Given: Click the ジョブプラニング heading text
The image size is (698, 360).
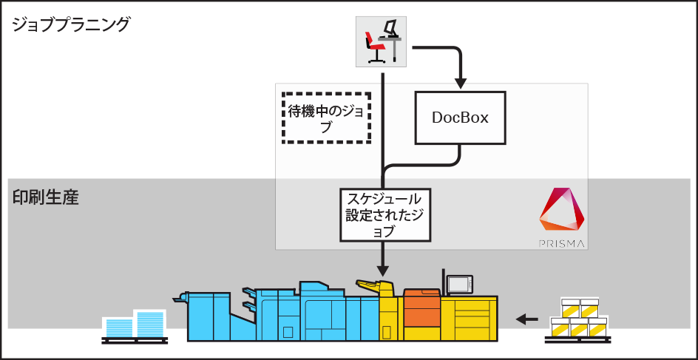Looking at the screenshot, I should tap(71, 24).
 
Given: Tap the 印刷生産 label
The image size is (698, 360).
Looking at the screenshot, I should tap(45, 198).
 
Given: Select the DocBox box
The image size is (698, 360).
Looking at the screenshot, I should tap(460, 118).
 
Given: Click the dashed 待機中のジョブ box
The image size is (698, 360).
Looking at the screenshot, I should tap(326, 118).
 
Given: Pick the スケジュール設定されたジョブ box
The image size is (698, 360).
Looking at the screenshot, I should tap(384, 214).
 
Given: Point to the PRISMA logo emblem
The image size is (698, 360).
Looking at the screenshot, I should tap(561, 210).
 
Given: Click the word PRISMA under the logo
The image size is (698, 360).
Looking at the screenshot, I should tap(561, 242).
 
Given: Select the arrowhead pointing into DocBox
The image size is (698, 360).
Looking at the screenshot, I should tap(460, 80).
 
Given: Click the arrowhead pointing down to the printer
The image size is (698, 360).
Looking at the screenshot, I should tap(383, 268).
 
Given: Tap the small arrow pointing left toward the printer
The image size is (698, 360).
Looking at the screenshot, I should tap(526, 319).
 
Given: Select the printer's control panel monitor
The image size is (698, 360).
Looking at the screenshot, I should tap(459, 283).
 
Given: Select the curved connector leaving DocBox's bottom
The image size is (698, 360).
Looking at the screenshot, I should tap(444, 163).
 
